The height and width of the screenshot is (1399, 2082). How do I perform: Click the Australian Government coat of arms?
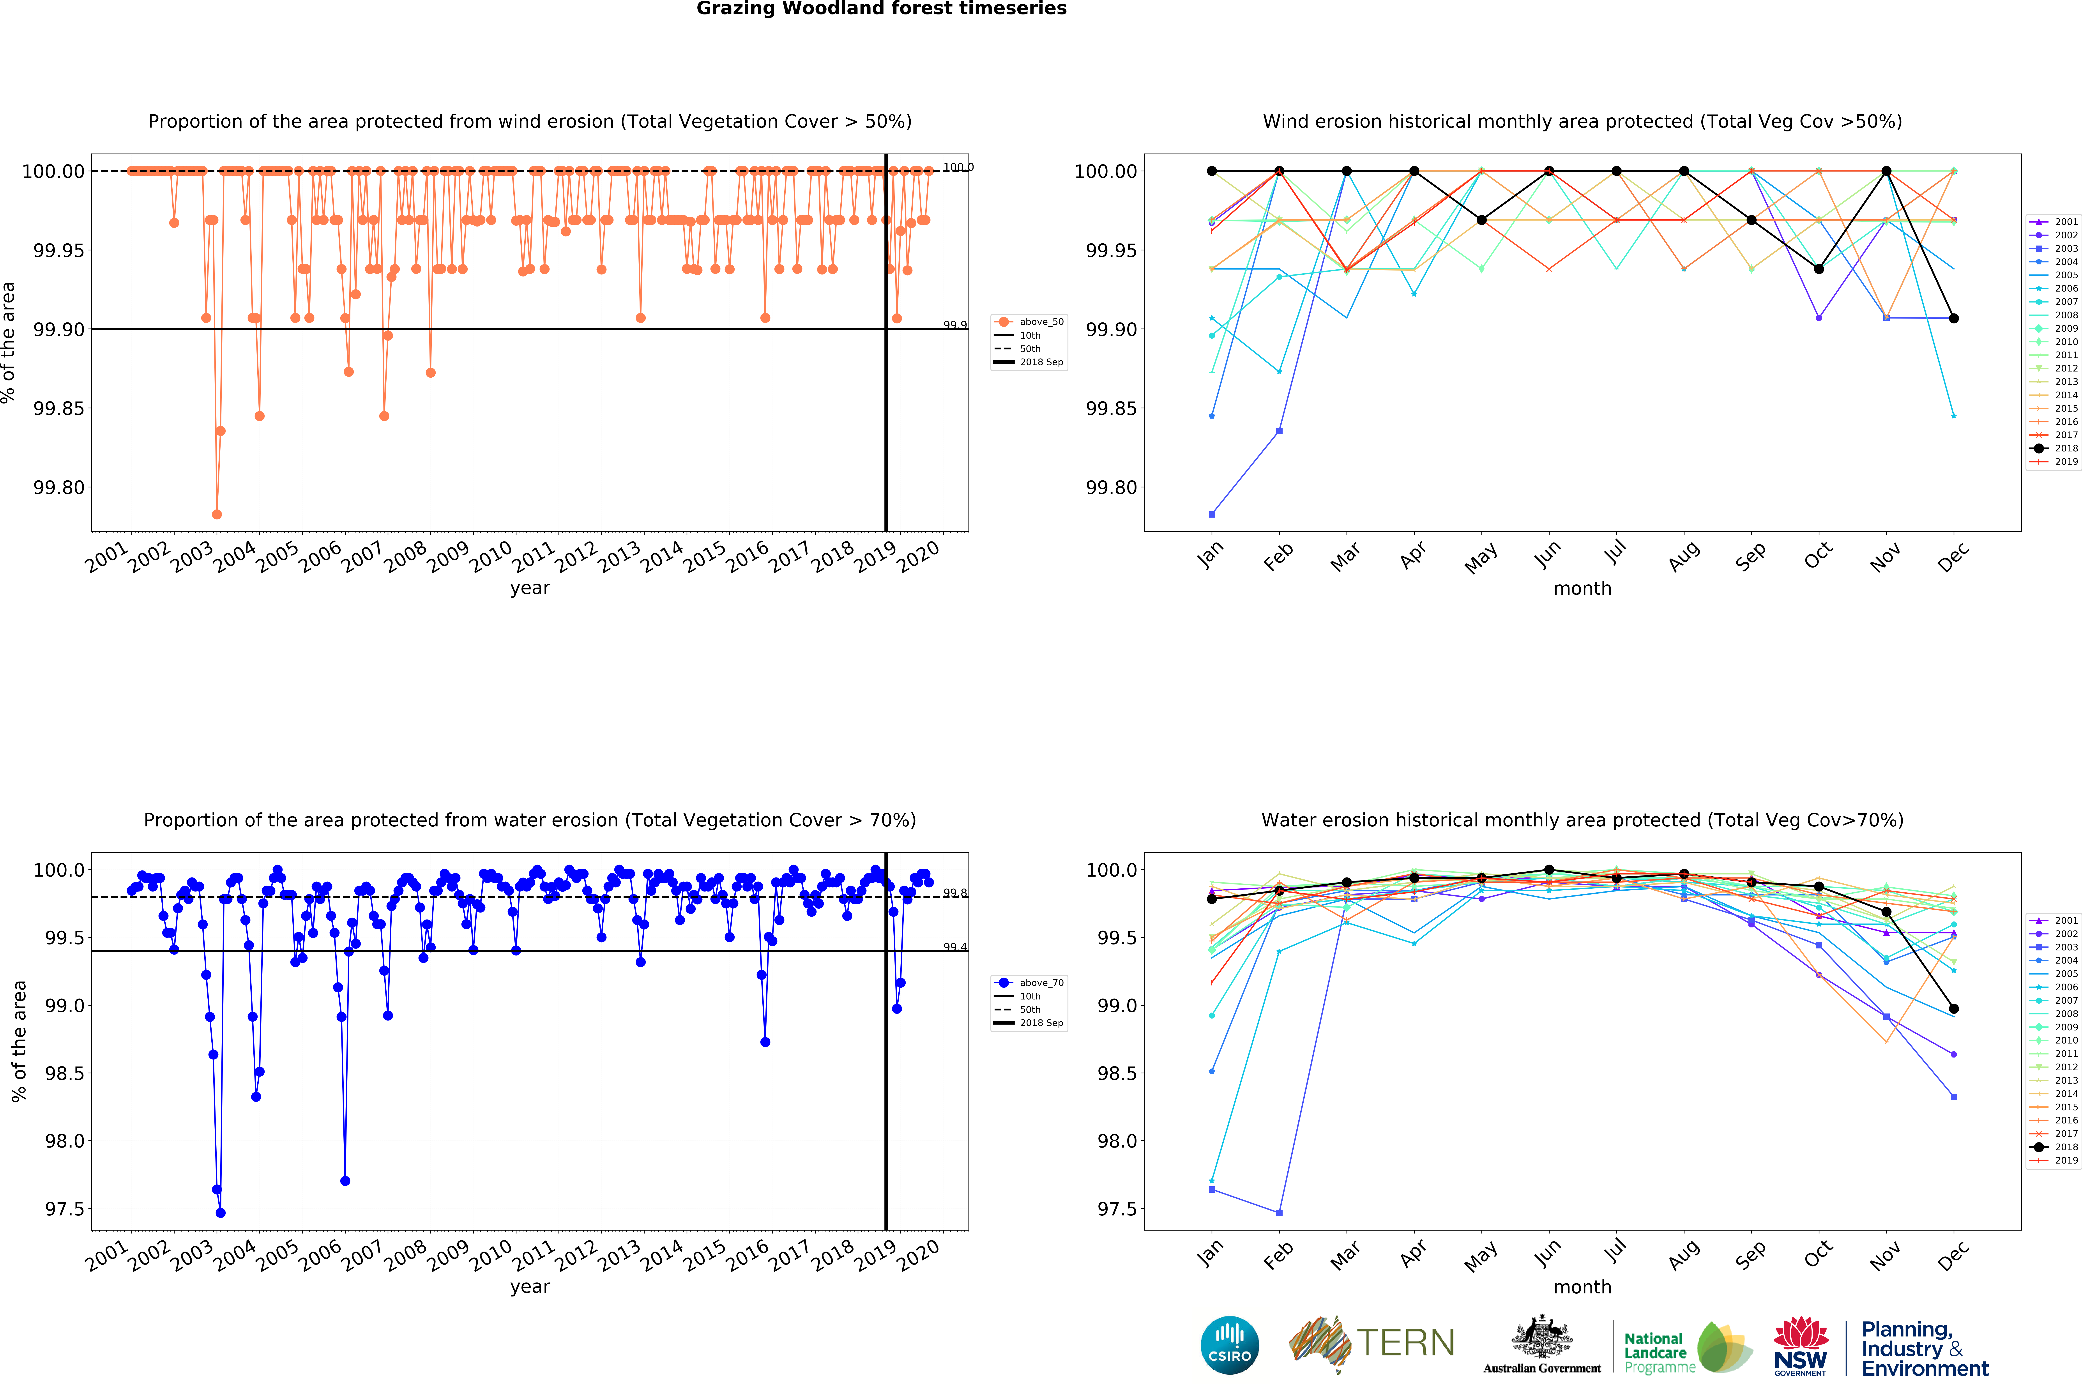1541,1338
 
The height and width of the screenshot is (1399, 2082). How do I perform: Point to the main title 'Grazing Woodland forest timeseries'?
881,9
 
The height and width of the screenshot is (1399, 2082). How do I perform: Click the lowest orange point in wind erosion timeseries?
217,514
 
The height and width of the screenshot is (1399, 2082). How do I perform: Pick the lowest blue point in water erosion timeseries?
220,1213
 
